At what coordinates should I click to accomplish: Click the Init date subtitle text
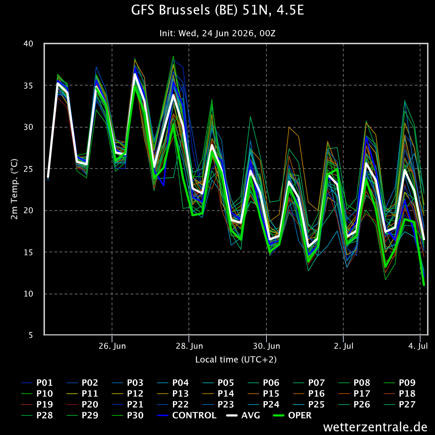click(217, 33)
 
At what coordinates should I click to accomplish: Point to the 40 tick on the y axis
click(28, 43)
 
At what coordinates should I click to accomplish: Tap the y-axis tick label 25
click(28, 169)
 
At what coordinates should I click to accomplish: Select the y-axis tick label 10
click(28, 294)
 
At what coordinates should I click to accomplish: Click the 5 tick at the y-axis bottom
click(31, 335)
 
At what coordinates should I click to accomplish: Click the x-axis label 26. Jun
click(112, 346)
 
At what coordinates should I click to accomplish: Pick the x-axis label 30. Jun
click(266, 346)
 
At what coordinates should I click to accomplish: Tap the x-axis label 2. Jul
click(344, 346)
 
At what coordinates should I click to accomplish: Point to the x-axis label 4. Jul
click(418, 346)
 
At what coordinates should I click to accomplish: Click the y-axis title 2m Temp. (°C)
click(14, 189)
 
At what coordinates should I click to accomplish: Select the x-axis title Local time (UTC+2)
click(236, 360)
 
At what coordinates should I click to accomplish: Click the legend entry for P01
click(37, 383)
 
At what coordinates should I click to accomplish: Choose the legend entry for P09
click(399, 383)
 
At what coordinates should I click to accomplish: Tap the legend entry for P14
click(218, 394)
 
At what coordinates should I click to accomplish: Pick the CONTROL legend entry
click(187, 415)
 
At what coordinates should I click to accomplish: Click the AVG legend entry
click(243, 415)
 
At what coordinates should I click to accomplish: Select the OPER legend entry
click(292, 415)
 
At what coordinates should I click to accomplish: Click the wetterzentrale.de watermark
click(375, 427)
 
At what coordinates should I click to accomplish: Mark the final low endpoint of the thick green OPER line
click(424, 285)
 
